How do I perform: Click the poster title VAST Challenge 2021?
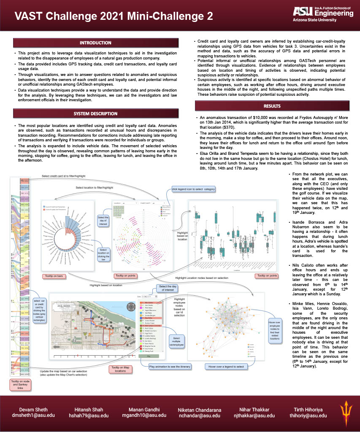(x=114, y=16)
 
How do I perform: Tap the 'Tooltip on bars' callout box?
(x=54, y=276)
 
